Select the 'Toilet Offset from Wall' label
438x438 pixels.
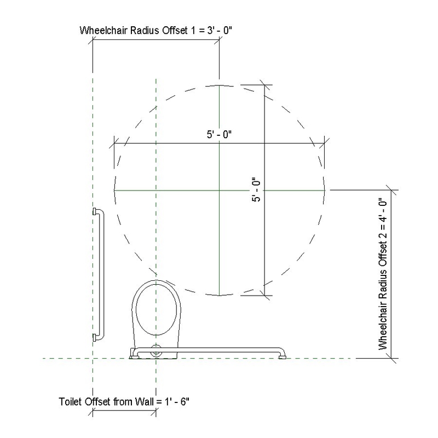[x=123, y=401]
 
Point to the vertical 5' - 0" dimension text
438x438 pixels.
[x=255, y=189]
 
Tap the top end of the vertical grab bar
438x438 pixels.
[x=96, y=211]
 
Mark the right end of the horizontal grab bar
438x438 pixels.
[x=283, y=356]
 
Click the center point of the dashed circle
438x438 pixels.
[x=219, y=190]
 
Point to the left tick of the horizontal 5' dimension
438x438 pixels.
[x=114, y=143]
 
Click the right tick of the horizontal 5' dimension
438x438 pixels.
[x=325, y=143]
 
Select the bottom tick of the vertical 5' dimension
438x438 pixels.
[x=265, y=295]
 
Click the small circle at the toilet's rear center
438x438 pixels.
[x=157, y=352]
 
